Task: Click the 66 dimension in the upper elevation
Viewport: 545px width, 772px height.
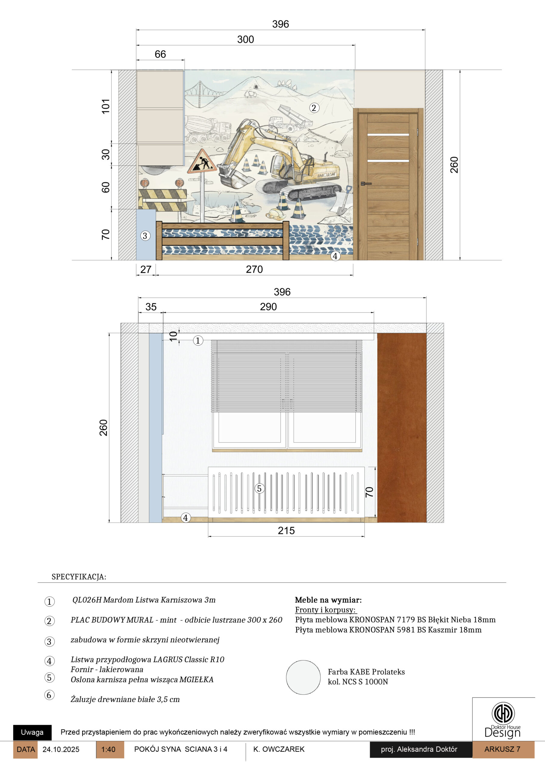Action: click(160, 54)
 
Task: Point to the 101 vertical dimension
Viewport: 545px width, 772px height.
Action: click(106, 106)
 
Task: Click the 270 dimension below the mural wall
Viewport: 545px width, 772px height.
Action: click(254, 269)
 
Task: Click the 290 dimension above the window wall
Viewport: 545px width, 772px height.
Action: click(268, 307)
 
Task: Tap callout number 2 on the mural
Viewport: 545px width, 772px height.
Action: click(314, 108)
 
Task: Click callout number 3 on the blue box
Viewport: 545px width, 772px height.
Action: click(145, 236)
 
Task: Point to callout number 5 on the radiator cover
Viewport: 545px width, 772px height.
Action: click(259, 488)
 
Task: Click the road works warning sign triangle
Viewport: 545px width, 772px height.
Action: click(202, 162)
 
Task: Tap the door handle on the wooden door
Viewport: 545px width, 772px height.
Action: click(366, 184)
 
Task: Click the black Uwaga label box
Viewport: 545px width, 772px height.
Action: click(32, 732)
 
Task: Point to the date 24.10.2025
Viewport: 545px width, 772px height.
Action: click(61, 749)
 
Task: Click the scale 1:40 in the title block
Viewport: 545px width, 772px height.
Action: click(108, 749)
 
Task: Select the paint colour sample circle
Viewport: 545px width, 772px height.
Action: click(303, 678)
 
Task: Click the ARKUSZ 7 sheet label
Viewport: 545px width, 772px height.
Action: click(502, 749)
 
